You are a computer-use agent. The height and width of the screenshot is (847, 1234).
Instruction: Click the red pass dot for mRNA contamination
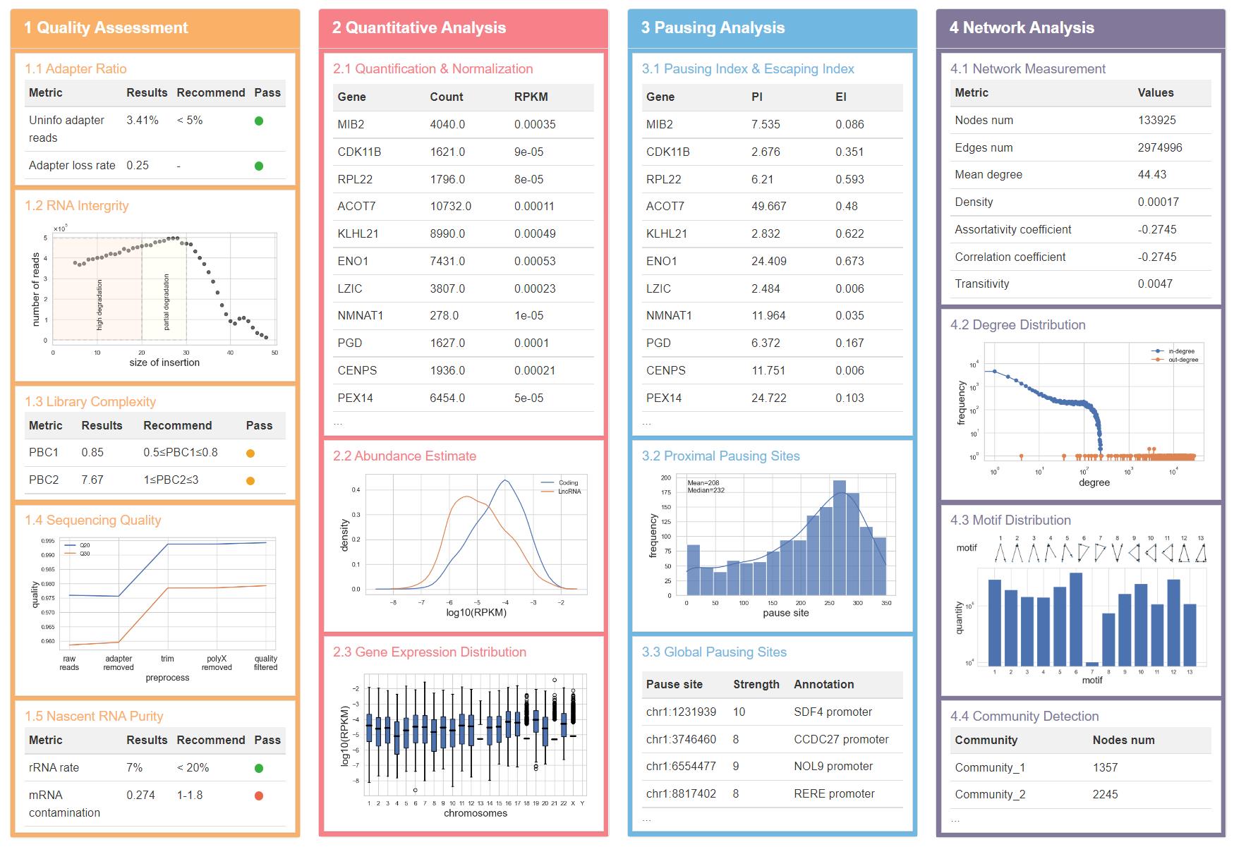(259, 796)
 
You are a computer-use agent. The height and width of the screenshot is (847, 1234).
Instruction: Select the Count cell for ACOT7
(450, 206)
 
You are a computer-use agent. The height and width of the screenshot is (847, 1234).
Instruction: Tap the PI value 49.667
(768, 206)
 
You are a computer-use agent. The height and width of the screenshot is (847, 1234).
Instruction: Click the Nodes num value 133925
(1156, 120)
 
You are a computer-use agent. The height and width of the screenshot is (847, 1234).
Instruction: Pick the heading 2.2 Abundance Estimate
(404, 456)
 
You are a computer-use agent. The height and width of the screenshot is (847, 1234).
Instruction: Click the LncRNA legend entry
(569, 492)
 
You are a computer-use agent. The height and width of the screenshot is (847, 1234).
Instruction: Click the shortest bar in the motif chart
(1092, 664)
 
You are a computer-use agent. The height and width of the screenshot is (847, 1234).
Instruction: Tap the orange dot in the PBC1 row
(250, 453)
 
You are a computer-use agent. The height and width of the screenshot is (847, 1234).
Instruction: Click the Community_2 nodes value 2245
(1105, 794)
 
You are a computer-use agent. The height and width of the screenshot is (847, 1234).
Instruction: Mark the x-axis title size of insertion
(164, 362)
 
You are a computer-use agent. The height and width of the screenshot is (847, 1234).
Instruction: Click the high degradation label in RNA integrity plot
(99, 305)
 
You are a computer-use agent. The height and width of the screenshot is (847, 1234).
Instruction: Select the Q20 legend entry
(84, 545)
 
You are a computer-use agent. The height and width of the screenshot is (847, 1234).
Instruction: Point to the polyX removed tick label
(217, 663)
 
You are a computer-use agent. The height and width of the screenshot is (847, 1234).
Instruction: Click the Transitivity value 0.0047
(1155, 284)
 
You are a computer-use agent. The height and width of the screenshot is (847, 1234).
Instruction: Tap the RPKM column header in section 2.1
(531, 97)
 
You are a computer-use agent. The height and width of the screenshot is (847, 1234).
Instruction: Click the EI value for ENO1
(849, 261)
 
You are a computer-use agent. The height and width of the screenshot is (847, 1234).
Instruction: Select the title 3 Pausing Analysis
(713, 28)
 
